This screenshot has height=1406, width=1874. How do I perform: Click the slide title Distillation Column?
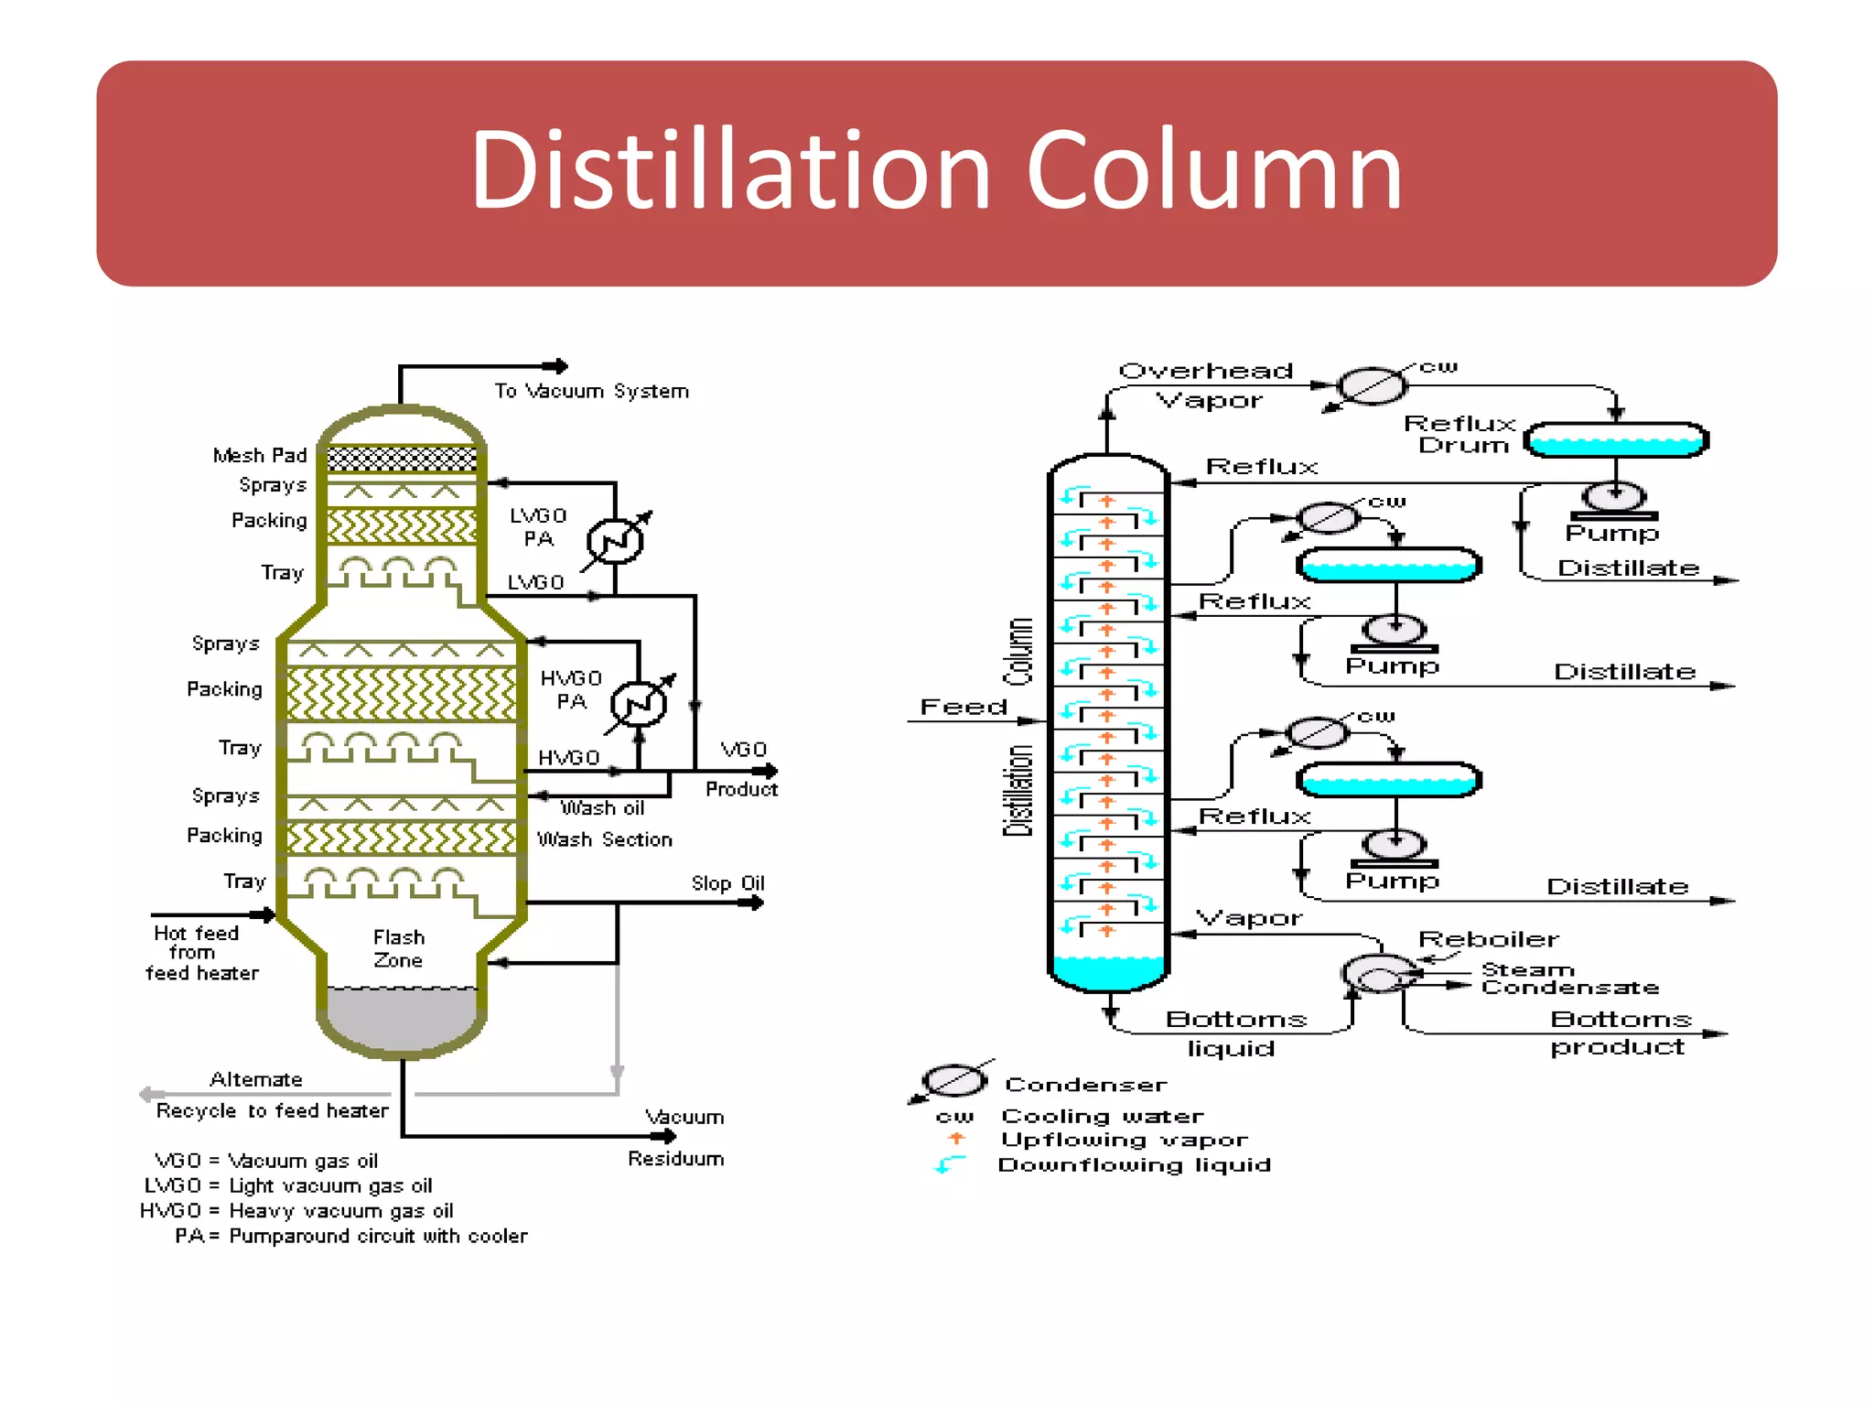[936, 171]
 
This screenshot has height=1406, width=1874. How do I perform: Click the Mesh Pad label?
[259, 455]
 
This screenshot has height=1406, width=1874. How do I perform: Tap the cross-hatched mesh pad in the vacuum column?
[402, 459]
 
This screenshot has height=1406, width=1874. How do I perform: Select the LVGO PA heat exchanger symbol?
[615, 541]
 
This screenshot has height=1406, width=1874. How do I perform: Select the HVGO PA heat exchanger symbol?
[639, 703]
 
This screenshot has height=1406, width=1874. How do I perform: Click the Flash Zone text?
[398, 948]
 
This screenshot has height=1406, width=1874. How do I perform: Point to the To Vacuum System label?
[591, 391]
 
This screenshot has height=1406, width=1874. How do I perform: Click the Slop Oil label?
[727, 883]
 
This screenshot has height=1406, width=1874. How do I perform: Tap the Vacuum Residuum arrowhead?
[669, 1136]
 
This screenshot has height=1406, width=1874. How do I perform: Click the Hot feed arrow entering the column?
[264, 914]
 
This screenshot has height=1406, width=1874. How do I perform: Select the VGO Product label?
[742, 769]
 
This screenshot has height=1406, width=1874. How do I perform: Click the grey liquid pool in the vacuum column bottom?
[401, 1016]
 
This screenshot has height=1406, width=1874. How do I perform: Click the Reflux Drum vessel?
[1615, 440]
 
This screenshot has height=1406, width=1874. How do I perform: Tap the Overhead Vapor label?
[1206, 385]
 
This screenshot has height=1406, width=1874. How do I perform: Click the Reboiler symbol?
[1381, 975]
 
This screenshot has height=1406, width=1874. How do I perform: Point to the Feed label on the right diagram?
[963, 707]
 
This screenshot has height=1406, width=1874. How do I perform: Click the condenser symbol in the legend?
[953, 1081]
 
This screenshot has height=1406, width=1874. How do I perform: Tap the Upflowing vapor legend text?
[1124, 1140]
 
